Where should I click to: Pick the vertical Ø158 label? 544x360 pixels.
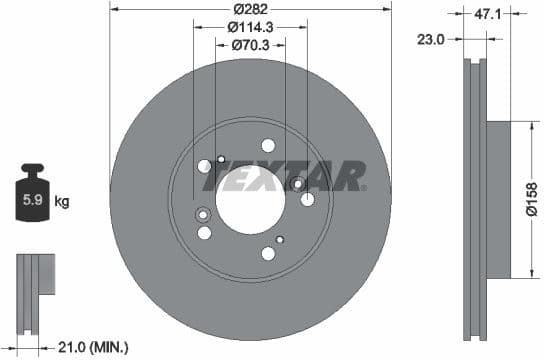(x=532, y=200)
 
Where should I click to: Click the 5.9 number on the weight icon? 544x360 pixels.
(x=32, y=200)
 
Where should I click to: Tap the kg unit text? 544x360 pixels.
(x=62, y=202)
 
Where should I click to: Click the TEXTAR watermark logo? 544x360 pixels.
(x=284, y=176)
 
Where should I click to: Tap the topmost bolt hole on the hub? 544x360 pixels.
(x=268, y=145)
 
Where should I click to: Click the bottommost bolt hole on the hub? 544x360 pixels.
(x=268, y=253)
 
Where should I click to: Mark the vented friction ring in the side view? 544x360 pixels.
(x=473, y=200)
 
